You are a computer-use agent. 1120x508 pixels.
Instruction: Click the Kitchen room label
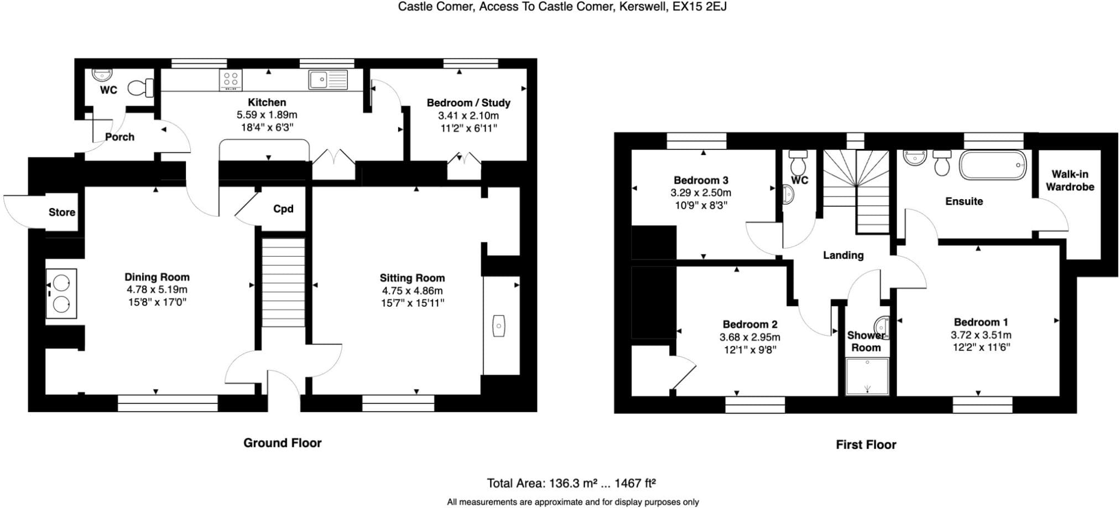point(267,102)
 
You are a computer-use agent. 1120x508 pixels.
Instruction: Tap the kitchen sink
point(329,80)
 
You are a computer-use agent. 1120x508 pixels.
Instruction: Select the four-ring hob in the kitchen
point(231,80)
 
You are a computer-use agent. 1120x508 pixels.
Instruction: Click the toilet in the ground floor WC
point(140,88)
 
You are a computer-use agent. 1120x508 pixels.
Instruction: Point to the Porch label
point(119,137)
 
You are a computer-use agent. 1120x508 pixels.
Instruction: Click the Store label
point(62,212)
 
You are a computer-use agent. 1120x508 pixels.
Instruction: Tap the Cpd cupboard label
point(283,209)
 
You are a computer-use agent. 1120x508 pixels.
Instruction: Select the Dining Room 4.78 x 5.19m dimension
point(157,289)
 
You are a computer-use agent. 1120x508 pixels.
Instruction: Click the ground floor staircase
point(283,282)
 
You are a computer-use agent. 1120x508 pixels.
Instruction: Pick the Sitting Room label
point(412,278)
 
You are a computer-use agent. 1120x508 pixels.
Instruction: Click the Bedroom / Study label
point(468,103)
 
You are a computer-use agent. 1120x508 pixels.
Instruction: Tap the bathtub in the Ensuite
point(993,165)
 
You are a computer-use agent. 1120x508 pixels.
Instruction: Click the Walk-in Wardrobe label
point(1070,180)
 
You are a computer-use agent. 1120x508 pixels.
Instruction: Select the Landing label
point(843,255)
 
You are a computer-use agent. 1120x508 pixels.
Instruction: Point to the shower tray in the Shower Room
point(867,376)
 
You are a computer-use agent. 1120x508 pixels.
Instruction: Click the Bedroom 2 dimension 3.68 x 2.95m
point(750,337)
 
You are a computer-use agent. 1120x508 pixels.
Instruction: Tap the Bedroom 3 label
point(701,180)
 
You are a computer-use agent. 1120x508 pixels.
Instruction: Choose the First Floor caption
point(866,444)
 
